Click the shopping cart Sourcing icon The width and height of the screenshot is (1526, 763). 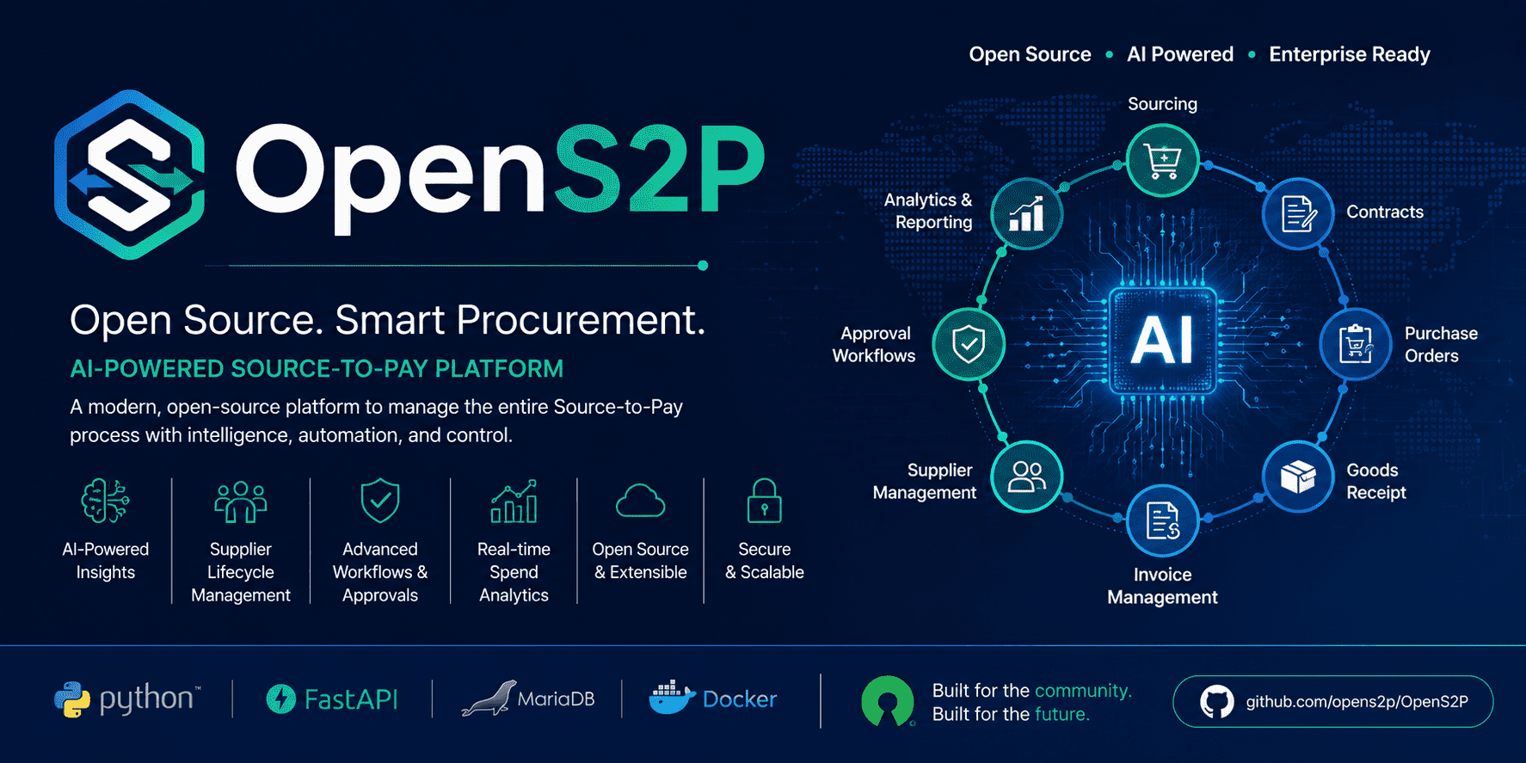point(1162,161)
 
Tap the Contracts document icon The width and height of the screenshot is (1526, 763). point(1298,213)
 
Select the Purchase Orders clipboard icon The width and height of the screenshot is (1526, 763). point(1356,344)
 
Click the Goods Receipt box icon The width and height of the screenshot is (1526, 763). point(1298,477)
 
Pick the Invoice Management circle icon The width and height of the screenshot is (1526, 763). point(1162,521)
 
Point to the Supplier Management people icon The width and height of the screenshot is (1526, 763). point(1026,477)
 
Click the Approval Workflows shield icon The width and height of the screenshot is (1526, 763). point(969,344)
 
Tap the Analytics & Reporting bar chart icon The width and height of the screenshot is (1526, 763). point(1026,213)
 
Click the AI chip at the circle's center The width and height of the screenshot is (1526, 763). point(1162,341)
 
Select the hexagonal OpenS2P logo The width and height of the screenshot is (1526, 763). point(130,175)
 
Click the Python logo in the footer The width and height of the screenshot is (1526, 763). point(72,700)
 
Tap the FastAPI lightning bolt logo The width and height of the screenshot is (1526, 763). point(280,699)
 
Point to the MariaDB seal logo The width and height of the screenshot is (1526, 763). point(489,698)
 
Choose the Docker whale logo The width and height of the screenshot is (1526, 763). point(672,698)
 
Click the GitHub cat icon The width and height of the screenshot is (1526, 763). point(1216,702)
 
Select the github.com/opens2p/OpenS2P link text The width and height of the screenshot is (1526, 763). point(1357,702)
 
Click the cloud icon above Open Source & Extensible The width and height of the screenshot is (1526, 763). point(640,501)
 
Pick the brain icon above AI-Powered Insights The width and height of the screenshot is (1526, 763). point(105,501)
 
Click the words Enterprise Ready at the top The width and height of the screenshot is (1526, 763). point(1350,54)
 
